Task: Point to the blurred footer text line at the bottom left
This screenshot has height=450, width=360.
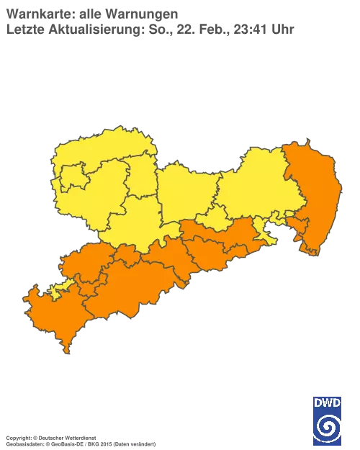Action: (x=79, y=438)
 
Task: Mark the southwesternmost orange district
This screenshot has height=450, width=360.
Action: (x=50, y=317)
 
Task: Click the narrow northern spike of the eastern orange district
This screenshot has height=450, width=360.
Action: (x=297, y=147)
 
